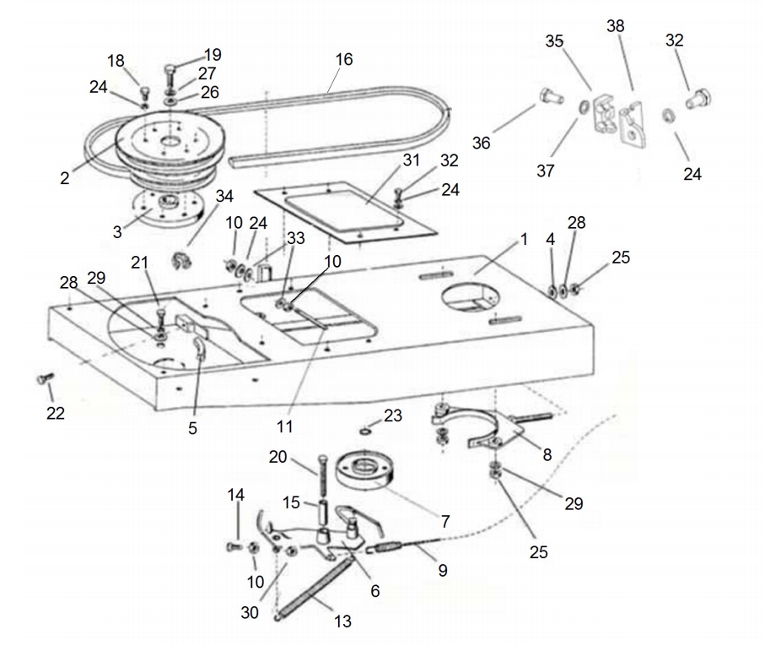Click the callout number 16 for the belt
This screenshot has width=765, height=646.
pos(343,60)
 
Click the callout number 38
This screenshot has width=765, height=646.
pos(616,26)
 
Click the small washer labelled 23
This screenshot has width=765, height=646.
pos(364,432)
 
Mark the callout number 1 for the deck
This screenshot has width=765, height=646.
pos(524,239)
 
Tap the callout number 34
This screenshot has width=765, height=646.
pos(224,197)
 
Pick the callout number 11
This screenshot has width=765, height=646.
pos(285,426)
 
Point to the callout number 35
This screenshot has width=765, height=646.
pos(554,41)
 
